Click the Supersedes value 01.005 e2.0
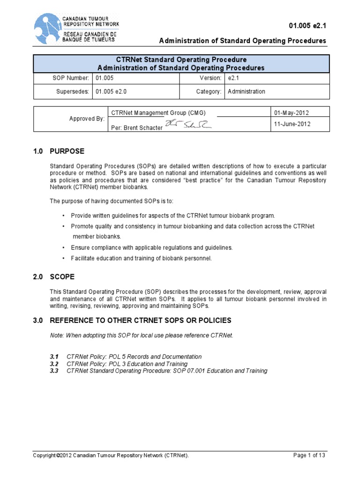tap(112, 91)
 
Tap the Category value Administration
tap(246, 91)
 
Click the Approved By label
tap(87, 119)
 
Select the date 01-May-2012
tap(292, 113)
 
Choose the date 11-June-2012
tap(292, 125)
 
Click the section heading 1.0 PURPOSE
tap(59, 151)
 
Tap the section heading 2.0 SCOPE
tap(54, 277)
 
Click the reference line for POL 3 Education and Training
tap(127, 364)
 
